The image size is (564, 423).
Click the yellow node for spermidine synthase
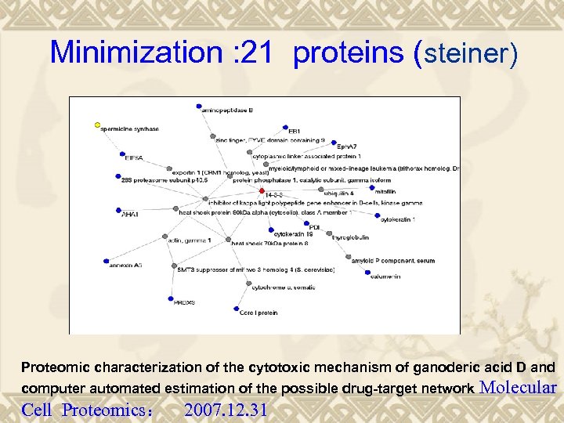(x=97, y=125)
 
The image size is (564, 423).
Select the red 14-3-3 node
(x=262, y=190)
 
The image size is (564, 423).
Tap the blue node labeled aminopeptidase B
(x=200, y=106)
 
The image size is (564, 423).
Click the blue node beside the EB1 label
(x=284, y=127)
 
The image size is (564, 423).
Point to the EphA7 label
(x=346, y=146)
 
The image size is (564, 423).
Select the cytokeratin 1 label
(x=397, y=220)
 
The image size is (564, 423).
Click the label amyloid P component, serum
(x=392, y=260)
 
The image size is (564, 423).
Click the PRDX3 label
(x=184, y=302)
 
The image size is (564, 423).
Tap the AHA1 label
(x=129, y=214)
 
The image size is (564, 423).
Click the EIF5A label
(x=134, y=157)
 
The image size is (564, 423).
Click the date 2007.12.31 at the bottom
(x=226, y=410)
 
